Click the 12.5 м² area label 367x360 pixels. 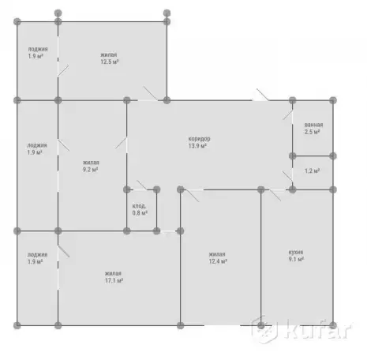tap(110, 62)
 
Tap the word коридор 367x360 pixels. tap(199, 139)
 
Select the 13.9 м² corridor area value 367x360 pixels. tap(197, 146)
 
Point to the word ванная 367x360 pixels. tap(313, 125)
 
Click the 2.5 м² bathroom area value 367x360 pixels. tap(312, 132)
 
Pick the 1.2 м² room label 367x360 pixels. tap(312, 171)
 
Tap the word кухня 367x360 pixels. tap(296, 252)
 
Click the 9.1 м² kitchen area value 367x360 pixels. tap(296, 259)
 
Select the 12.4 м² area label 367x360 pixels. tap(218, 261)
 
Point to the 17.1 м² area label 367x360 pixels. tap(114, 280)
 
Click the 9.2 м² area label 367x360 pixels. tap(90, 170)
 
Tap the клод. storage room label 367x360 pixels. tap(139, 206)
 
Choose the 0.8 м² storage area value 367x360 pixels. tap(140, 213)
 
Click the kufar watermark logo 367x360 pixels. tap(301, 329)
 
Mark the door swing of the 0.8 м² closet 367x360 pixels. tap(142, 185)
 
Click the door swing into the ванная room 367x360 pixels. tap(287, 115)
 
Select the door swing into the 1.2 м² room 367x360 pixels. tap(287, 176)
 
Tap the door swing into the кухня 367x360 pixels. tap(275, 195)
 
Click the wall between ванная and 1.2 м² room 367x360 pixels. tap(313, 156)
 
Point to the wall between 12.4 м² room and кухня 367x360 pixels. tap(261, 257)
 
